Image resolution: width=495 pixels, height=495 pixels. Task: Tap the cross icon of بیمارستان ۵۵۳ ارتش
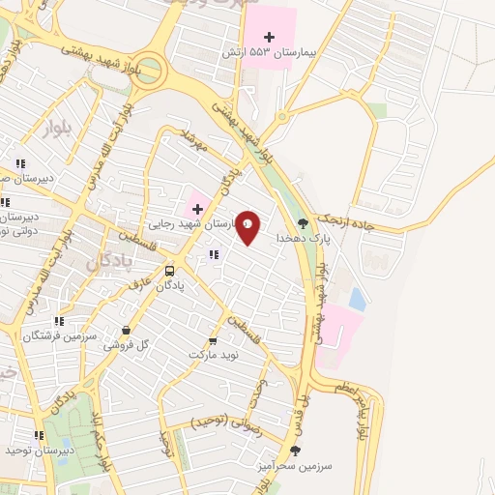(269, 36)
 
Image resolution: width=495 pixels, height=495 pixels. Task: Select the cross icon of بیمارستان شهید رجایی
(197, 209)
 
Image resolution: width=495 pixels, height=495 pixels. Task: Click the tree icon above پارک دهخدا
(304, 222)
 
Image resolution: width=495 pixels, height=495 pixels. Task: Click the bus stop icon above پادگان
(170, 271)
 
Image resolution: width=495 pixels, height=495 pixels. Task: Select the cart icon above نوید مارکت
(212, 341)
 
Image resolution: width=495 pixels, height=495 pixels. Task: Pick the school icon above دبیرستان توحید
(39, 436)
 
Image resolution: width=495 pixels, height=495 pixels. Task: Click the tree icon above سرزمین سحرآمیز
(296, 450)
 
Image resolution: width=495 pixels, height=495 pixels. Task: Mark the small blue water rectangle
(358, 300)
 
